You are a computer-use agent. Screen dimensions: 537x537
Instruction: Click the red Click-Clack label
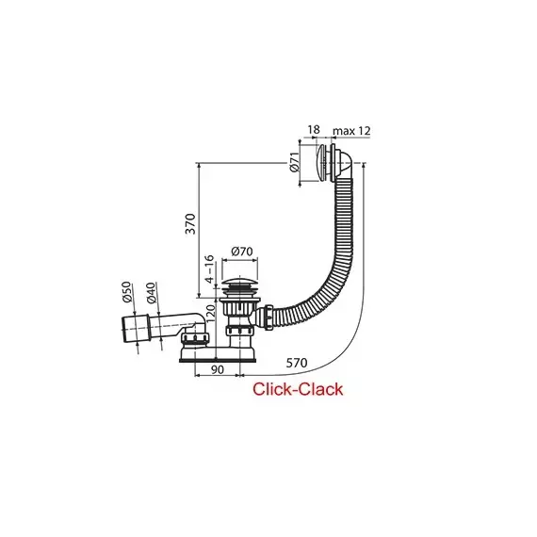pos(298,389)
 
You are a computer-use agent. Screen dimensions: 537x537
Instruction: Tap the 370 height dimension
pos(190,223)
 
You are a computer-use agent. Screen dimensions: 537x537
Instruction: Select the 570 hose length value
pos(297,363)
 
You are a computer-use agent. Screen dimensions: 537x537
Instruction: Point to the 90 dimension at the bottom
pos(217,369)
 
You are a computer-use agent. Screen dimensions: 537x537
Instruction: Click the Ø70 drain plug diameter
pos(242,252)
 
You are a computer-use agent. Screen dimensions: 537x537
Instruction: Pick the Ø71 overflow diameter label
pos(295,162)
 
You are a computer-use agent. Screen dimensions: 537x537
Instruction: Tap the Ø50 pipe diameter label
pos(126,292)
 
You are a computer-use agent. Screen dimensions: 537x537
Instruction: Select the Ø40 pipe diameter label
pos(151,292)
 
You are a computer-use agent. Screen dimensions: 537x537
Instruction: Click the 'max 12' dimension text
pos(351,131)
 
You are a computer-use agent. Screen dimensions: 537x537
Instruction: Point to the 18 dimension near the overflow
pos(314,129)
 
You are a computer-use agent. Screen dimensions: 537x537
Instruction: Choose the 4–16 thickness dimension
pos(209,269)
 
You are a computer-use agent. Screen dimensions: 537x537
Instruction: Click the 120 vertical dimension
pos(210,314)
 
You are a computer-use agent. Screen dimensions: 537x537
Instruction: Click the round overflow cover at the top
pos(321,162)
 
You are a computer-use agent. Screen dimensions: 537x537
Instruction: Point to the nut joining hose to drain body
pos(268,317)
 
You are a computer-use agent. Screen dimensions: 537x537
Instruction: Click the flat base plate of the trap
pos(218,360)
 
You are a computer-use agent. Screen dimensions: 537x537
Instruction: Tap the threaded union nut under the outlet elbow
pos(195,338)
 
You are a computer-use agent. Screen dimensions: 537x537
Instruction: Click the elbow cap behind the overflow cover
pos(344,164)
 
